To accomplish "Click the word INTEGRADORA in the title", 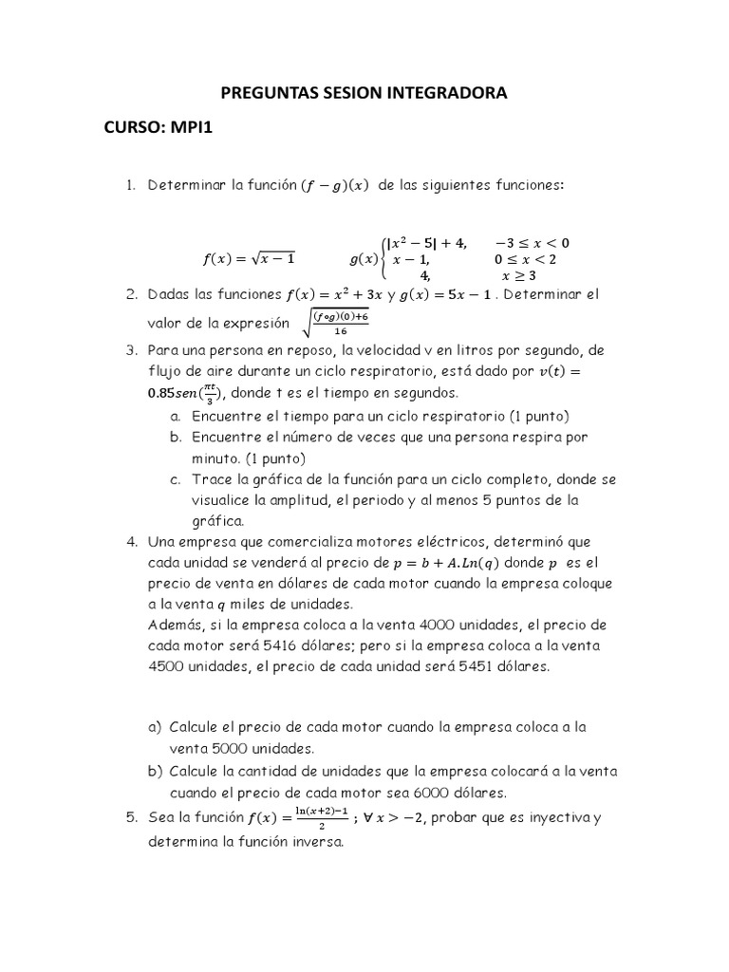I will pyautogui.click(x=443, y=93).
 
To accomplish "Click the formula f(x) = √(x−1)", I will pyautogui.click(x=250, y=258).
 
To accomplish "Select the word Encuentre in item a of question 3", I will pyautogui.click(x=227, y=416).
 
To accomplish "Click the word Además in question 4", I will pyautogui.click(x=177, y=625).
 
